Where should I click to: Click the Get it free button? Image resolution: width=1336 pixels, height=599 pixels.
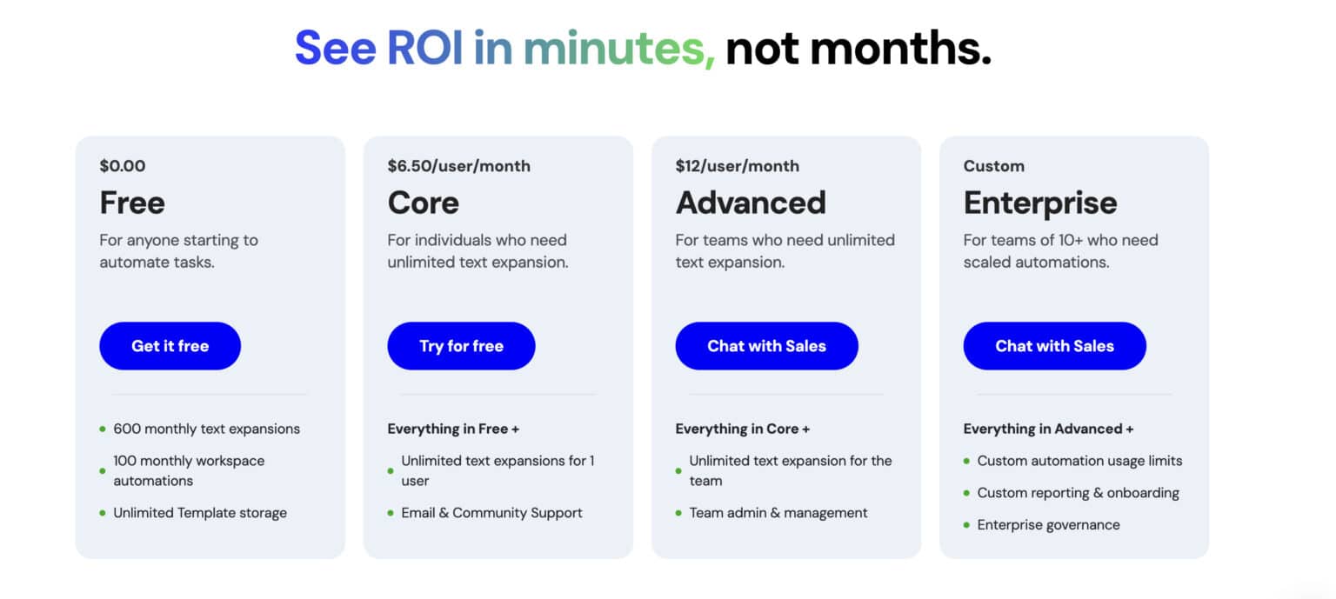point(170,346)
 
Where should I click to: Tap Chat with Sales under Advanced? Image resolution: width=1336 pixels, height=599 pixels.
point(766,346)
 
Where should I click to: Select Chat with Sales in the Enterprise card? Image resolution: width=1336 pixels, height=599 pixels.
point(1054,346)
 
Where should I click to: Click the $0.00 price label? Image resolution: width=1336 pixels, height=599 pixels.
point(123,166)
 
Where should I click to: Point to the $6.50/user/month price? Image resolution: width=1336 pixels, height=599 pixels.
point(458,166)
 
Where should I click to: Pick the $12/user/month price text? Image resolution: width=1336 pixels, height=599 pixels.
point(737,166)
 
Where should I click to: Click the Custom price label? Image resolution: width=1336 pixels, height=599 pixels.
point(993,166)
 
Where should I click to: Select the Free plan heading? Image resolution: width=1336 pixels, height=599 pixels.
point(132,203)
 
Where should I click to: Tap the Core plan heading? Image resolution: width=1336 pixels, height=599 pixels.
point(423,203)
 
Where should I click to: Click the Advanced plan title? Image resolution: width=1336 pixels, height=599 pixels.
point(751,203)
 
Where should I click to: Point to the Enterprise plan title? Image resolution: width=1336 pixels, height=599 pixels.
point(1040,203)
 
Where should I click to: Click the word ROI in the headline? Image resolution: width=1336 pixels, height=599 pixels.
point(424,49)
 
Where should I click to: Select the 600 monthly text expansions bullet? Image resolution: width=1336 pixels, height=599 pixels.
point(206,429)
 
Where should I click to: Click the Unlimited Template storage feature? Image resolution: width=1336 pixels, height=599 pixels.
point(200,513)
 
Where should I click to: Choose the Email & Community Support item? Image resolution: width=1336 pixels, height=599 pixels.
point(491,513)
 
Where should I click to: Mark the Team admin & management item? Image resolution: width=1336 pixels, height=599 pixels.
point(778,513)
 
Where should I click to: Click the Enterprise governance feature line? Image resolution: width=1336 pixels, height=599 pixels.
point(1048,525)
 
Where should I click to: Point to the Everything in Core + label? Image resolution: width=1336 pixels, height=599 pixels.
point(742,429)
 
